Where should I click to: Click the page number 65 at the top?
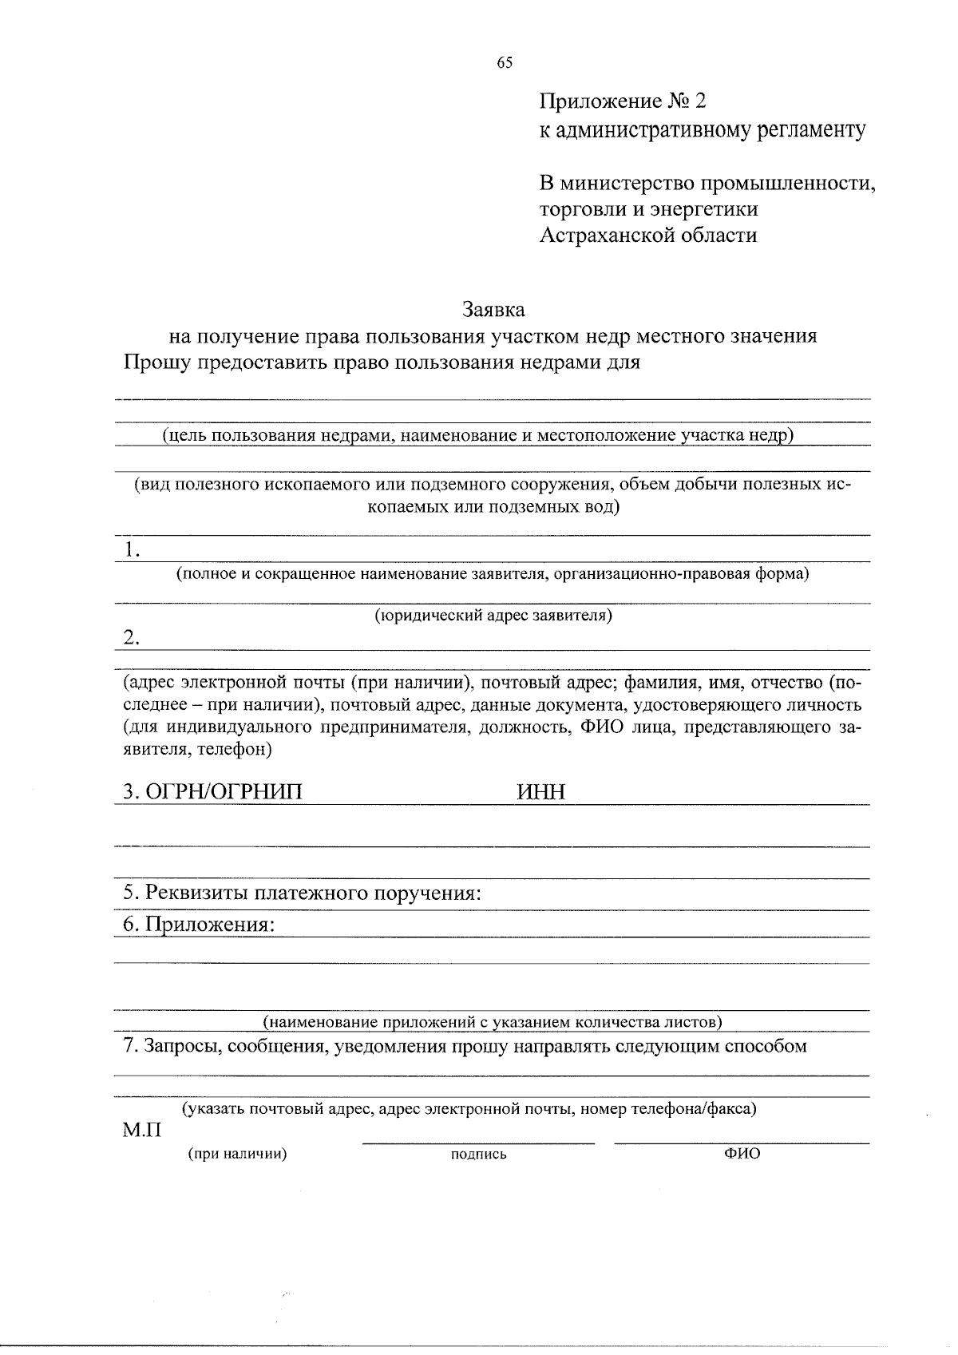pyautogui.click(x=504, y=64)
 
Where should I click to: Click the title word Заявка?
pyautogui.click(x=494, y=308)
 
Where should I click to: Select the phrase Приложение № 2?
pyautogui.click(x=623, y=102)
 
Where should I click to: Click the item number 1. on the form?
pyautogui.click(x=133, y=549)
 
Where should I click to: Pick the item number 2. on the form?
pyautogui.click(x=133, y=637)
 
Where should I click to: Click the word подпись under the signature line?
pyautogui.click(x=478, y=1154)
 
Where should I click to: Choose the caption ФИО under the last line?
pyautogui.click(x=742, y=1153)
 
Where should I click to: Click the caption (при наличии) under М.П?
pyautogui.click(x=237, y=1153)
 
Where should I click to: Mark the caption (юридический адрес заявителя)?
pyautogui.click(x=493, y=616)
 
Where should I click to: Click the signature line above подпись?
pyautogui.click(x=478, y=1143)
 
